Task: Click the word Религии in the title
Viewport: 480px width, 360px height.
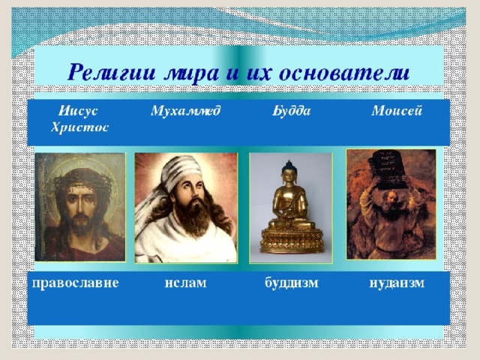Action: tap(112, 72)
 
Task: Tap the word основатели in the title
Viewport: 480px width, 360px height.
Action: tap(345, 73)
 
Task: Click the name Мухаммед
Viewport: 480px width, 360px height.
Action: tap(185, 111)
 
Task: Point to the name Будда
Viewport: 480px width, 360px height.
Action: tap(292, 111)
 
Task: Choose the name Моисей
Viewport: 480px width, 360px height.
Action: tap(397, 110)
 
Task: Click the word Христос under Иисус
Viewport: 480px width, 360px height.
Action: tap(80, 127)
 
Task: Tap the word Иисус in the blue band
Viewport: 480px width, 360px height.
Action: tap(78, 110)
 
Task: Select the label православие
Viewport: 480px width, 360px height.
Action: tap(75, 283)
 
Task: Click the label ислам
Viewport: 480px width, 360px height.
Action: tap(185, 283)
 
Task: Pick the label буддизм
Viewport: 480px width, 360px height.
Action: tap(292, 283)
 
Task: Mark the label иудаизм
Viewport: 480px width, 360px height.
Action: tap(397, 283)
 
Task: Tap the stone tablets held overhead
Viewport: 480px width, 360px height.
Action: tap(388, 169)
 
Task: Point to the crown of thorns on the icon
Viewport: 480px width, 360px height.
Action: tap(81, 181)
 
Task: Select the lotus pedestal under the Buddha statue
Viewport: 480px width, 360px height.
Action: tap(292, 240)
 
